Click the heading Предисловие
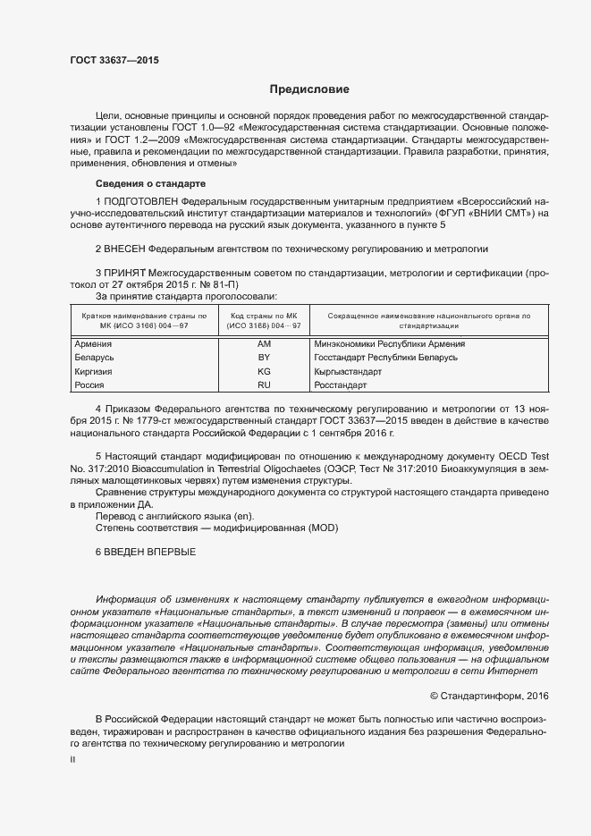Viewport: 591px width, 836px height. pyautogui.click(x=309, y=89)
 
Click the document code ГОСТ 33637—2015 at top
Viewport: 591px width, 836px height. pyautogui.click(x=114, y=61)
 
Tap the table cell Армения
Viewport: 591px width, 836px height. pyautogui.click(x=92, y=343)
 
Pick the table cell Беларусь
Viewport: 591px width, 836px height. pyautogui.click(x=94, y=357)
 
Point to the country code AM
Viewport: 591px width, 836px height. pyautogui.click(x=263, y=343)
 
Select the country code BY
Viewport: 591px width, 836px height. pyautogui.click(x=263, y=357)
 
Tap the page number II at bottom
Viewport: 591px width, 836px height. pyautogui.click(x=72, y=758)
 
